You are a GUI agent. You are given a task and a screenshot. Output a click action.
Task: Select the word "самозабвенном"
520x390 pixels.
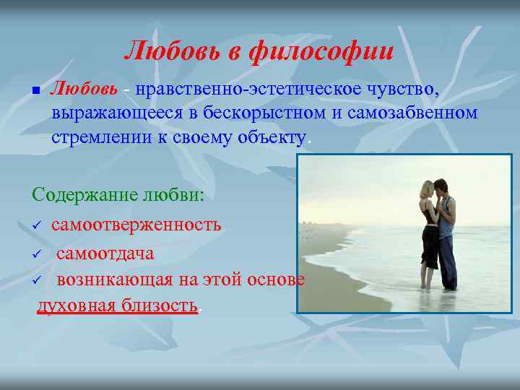[x=409, y=113]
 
